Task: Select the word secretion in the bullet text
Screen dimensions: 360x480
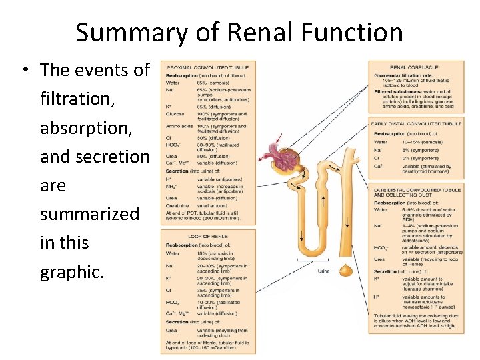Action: (x=95, y=156)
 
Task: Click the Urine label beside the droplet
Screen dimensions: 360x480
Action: (x=323, y=271)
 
